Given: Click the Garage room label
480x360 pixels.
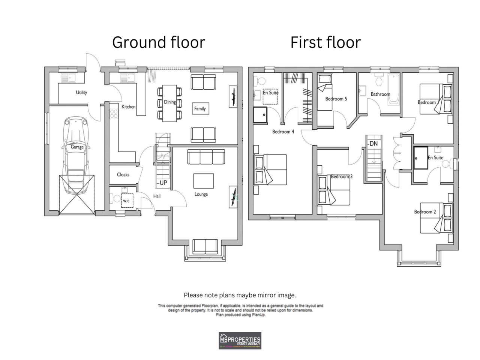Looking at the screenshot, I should tap(77, 147).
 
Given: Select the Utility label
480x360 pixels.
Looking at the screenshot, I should tap(81, 93).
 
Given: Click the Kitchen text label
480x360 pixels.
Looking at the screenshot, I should tap(128, 107).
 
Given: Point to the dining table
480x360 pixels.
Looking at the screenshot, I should tap(169, 103).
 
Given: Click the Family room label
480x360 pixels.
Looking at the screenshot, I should tap(200, 109).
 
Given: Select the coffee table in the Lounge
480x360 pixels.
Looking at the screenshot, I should tap(204, 181).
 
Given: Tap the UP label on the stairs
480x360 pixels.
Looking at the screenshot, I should tap(163, 183).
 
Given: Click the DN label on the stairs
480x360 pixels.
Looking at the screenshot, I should tap(373, 144).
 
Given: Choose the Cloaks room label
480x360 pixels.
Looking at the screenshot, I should tap(123, 175).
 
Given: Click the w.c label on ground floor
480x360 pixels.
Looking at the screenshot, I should tap(126, 201).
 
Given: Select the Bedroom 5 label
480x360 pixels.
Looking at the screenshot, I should tap(336, 99).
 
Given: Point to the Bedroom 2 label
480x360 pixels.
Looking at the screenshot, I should tap(425, 212).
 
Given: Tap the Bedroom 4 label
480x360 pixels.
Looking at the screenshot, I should tap(283, 132).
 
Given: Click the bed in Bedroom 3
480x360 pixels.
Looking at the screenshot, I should tap(334, 191).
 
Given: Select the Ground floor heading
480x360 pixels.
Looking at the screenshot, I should tap(159, 42).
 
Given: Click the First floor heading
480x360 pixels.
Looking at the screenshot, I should tap(325, 42).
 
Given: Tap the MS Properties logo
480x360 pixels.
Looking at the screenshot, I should tap(240, 340).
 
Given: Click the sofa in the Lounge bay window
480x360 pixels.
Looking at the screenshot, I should tap(205, 246).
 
